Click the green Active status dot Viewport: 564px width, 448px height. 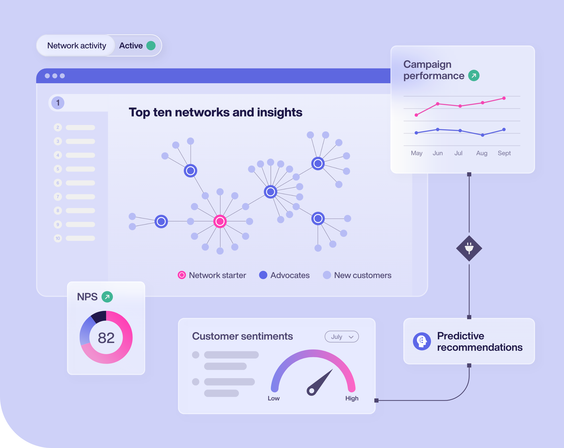[151, 46]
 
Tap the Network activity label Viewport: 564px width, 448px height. [77, 46]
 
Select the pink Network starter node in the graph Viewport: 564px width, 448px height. [220, 221]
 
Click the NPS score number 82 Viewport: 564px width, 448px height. [106, 338]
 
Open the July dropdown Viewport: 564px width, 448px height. [342, 337]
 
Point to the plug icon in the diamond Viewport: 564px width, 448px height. [469, 248]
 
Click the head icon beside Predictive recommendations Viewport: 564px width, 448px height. [422, 341]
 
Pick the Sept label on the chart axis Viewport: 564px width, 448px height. [504, 153]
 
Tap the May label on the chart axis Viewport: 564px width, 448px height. [417, 153]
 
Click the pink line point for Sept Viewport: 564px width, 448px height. [504, 98]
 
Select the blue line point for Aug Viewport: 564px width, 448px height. [483, 135]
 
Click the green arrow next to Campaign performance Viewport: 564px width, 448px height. [474, 76]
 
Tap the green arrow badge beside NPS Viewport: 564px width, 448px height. [107, 297]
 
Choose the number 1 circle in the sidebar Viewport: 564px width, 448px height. [58, 103]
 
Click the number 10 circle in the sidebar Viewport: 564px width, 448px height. [58, 238]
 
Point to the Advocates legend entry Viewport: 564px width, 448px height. [284, 275]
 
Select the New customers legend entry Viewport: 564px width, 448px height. [357, 275]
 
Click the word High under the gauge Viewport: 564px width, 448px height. [352, 398]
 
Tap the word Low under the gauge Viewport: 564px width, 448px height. [274, 398]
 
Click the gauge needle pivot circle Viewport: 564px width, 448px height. [311, 391]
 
